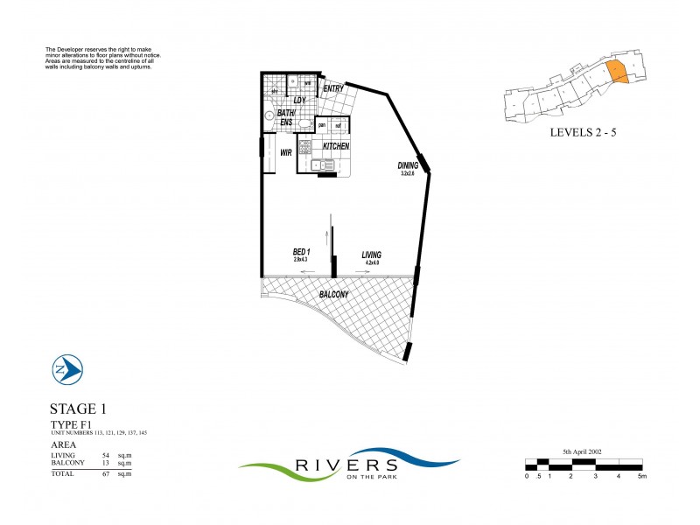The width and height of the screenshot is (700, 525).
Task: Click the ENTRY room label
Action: point(332,88)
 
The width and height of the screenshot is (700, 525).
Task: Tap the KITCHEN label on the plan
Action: point(336,146)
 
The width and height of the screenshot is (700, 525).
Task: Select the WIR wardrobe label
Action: point(285,152)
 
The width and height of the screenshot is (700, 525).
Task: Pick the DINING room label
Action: point(408,165)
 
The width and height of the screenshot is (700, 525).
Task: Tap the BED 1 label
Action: point(302,252)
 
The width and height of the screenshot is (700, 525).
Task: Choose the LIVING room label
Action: point(371,255)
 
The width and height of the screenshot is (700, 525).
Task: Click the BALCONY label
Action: point(333,295)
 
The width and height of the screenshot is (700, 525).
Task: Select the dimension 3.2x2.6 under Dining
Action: point(408,174)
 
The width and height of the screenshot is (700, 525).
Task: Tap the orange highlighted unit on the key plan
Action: point(617,74)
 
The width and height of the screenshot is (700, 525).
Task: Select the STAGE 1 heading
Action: point(79,409)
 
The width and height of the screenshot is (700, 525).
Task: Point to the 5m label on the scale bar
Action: point(642,476)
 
